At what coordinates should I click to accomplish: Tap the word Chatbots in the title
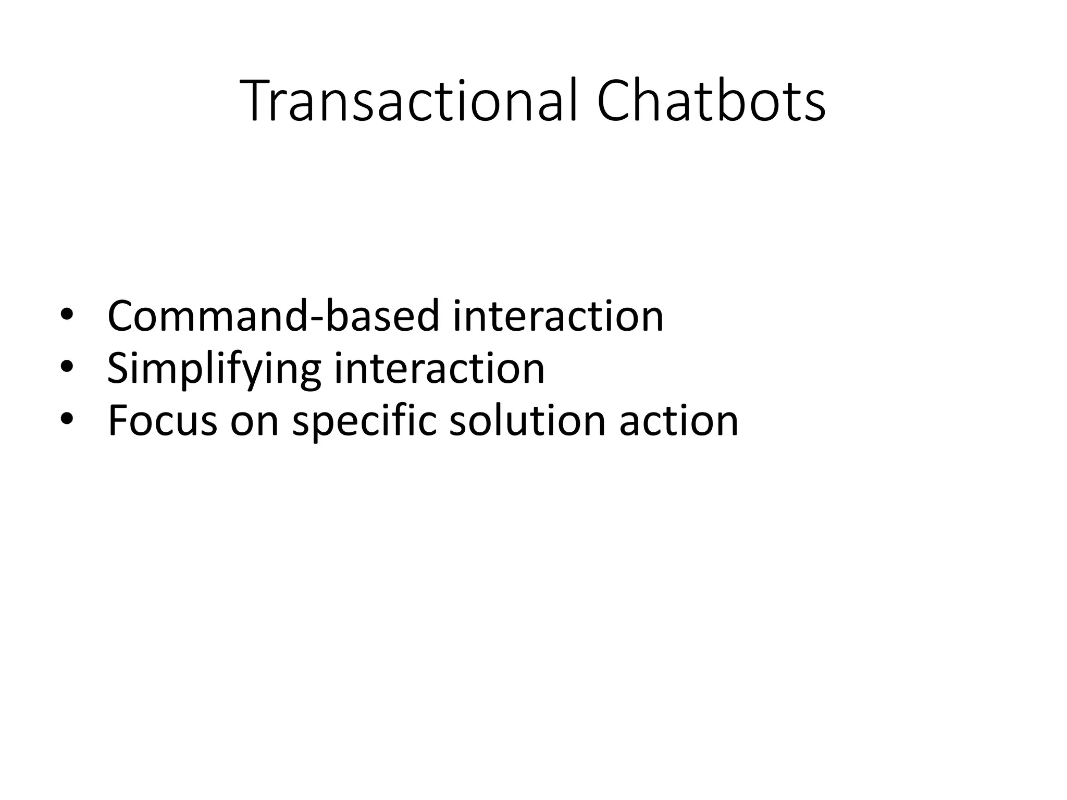(x=711, y=101)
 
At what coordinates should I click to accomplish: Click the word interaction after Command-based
(x=558, y=316)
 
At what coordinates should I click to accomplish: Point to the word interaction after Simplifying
(x=439, y=368)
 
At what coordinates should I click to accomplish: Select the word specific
(x=364, y=421)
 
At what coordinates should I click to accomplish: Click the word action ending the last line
(x=678, y=420)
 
